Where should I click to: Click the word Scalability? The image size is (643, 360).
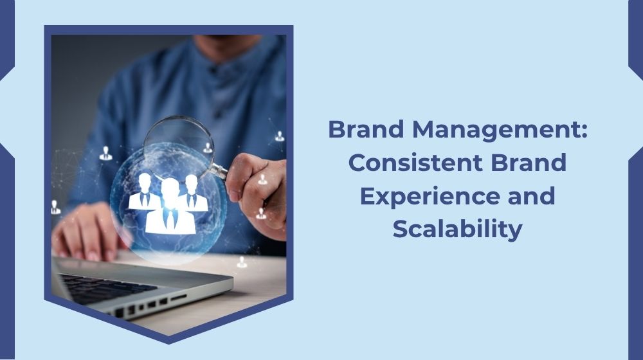click(x=457, y=229)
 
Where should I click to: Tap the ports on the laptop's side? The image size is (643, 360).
click(x=154, y=305)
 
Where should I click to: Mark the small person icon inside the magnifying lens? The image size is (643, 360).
click(x=207, y=148)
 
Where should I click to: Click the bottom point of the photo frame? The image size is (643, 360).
click(x=168, y=341)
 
